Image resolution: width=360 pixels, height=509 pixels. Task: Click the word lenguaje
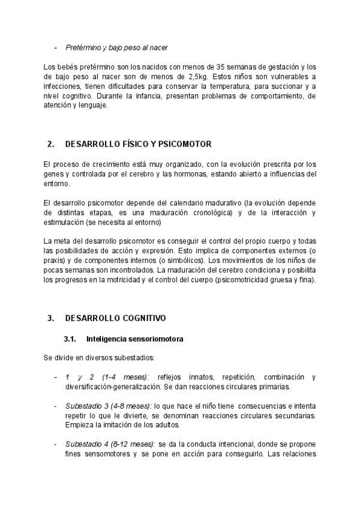[91, 106]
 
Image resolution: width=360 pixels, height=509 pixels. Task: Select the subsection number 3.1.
[71, 339]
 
